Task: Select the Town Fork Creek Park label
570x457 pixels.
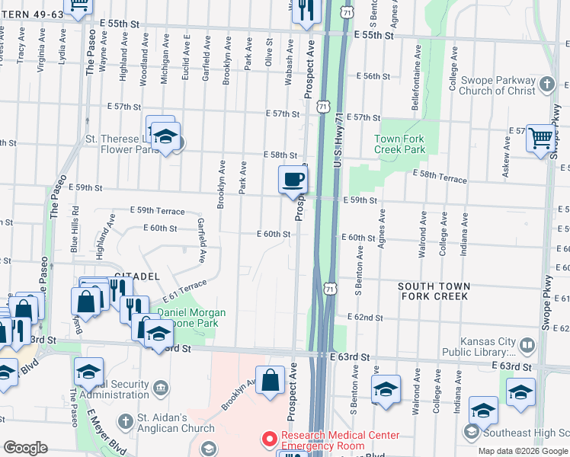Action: pyautogui.click(x=399, y=145)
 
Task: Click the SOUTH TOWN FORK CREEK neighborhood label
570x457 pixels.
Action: pyautogui.click(x=444, y=291)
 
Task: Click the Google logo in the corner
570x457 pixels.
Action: pyautogui.click(x=25, y=448)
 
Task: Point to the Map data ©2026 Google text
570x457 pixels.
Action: pyautogui.click(x=523, y=451)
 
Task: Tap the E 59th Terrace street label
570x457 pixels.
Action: pyautogui.click(x=157, y=209)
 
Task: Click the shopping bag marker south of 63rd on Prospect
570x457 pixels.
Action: pyautogui.click(x=270, y=381)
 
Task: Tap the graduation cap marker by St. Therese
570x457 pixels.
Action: pyautogui.click(x=165, y=137)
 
